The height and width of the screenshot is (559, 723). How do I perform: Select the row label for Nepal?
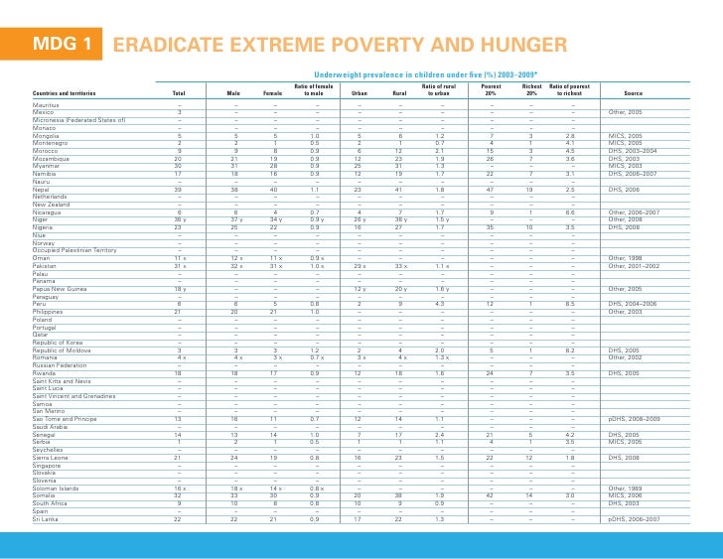(x=42, y=188)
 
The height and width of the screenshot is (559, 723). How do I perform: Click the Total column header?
(x=179, y=93)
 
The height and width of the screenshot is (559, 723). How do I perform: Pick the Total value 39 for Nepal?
(x=179, y=188)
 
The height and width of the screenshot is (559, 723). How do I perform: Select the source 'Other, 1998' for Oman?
(x=628, y=257)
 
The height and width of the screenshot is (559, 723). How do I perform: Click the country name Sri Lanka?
(x=46, y=518)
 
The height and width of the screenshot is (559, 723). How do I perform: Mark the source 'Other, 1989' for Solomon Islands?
(x=628, y=489)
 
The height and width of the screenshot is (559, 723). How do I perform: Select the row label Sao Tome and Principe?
(x=69, y=419)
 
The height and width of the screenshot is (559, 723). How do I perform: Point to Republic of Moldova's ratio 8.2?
(x=572, y=349)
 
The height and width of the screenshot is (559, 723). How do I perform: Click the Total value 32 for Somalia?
(x=179, y=495)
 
